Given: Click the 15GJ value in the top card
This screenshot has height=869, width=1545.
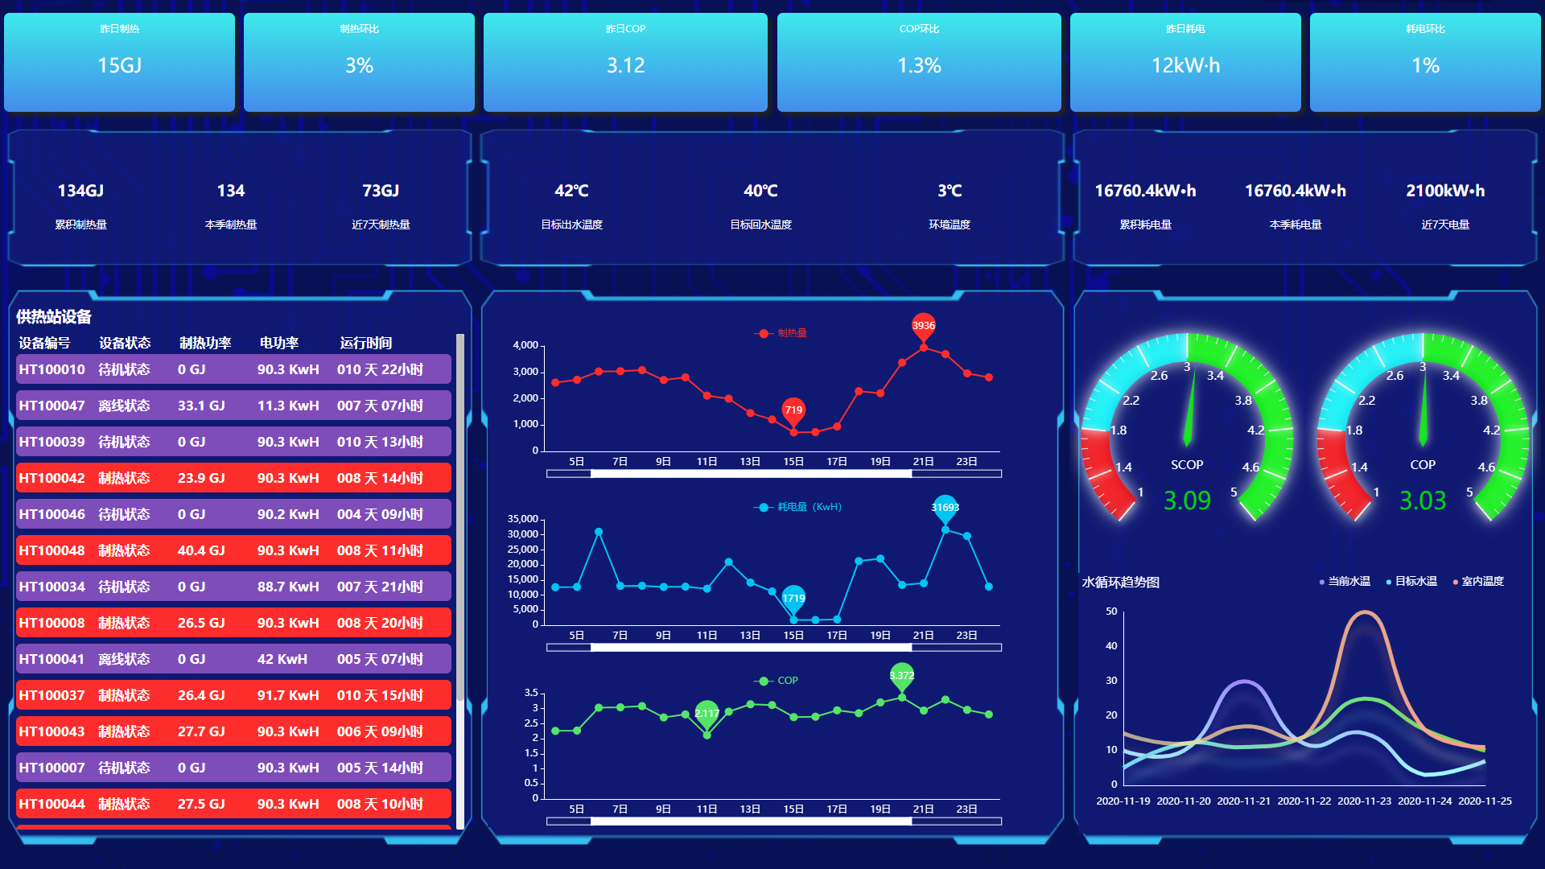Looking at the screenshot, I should pyautogui.click(x=119, y=65).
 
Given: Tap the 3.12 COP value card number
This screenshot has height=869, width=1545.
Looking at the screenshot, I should pyautogui.click(x=625, y=65).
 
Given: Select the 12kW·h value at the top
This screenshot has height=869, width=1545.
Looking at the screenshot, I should pyautogui.click(x=1185, y=65).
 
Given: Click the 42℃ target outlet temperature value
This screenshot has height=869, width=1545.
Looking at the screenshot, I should pyautogui.click(x=571, y=191).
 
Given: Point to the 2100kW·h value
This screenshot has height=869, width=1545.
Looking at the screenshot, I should pyautogui.click(x=1445, y=191).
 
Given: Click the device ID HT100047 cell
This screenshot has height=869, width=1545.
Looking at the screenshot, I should pyautogui.click(x=51, y=406).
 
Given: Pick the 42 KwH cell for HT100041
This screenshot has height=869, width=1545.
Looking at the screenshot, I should pyautogui.click(x=282, y=659).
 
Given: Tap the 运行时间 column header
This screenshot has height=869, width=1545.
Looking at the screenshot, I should pyautogui.click(x=365, y=343).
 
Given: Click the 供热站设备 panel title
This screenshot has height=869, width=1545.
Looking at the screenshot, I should pyautogui.click(x=54, y=316).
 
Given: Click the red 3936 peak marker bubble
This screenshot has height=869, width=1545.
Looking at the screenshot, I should pyautogui.click(x=923, y=325).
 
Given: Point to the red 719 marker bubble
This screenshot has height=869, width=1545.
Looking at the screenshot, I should pyautogui.click(x=793, y=410).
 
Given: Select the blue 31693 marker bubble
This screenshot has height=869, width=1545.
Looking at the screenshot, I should pyautogui.click(x=945, y=507).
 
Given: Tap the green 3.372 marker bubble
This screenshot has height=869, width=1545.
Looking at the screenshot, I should pyautogui.click(x=901, y=675).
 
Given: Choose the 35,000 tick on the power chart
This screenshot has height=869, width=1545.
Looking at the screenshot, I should pyautogui.click(x=522, y=519).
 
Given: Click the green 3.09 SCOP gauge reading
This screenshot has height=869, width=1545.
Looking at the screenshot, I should pyautogui.click(x=1187, y=500).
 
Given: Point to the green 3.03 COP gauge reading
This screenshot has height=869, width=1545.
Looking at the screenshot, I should pyautogui.click(x=1423, y=500).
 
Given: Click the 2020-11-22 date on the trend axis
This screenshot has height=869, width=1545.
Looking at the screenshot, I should pyautogui.click(x=1304, y=801).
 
